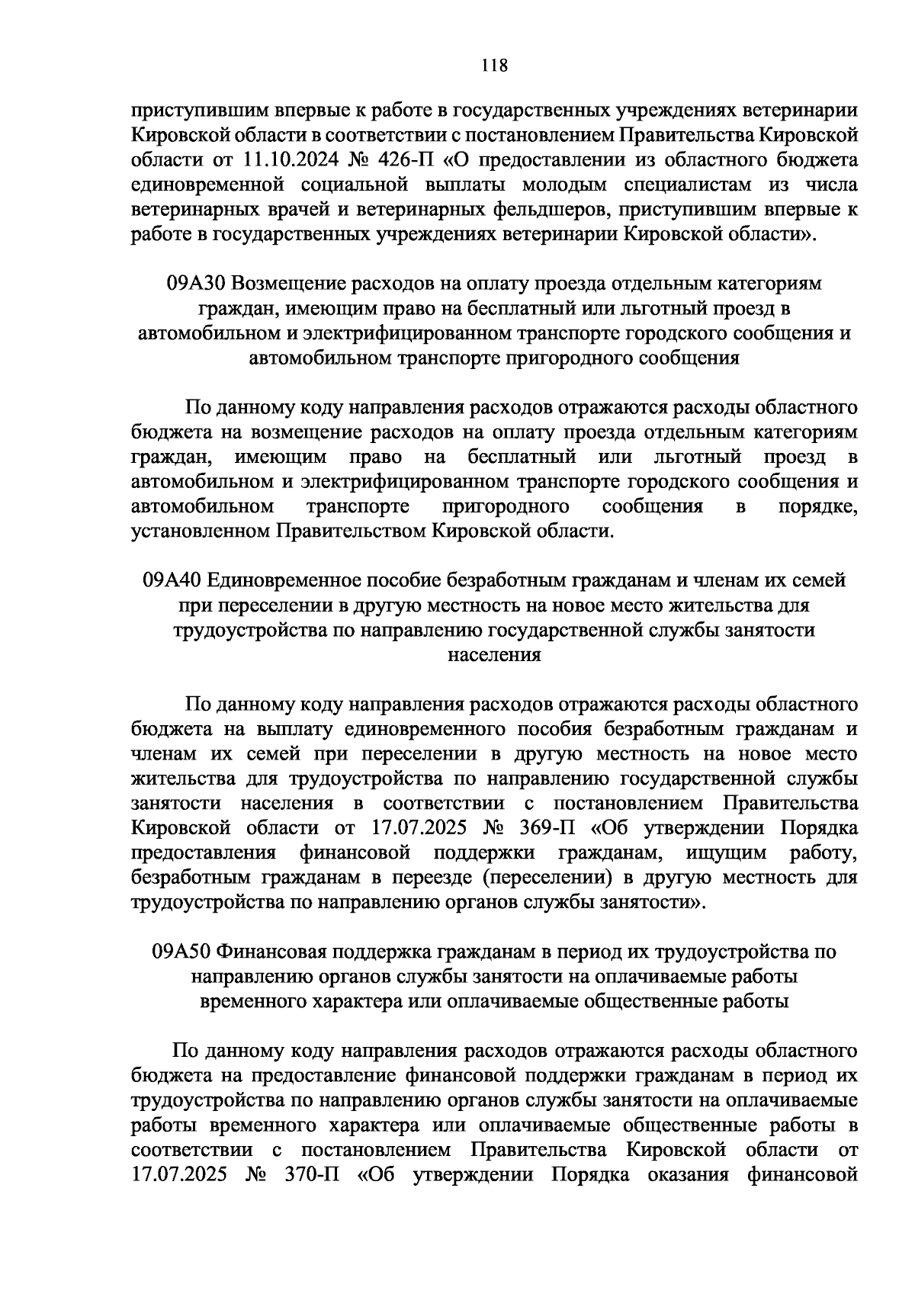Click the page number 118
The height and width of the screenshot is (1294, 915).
[495, 65]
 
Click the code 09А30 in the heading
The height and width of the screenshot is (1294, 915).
[196, 284]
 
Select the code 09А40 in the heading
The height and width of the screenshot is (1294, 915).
[171, 580]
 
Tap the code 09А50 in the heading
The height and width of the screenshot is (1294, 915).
[181, 952]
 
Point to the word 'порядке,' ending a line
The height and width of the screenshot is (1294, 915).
[817, 507]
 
